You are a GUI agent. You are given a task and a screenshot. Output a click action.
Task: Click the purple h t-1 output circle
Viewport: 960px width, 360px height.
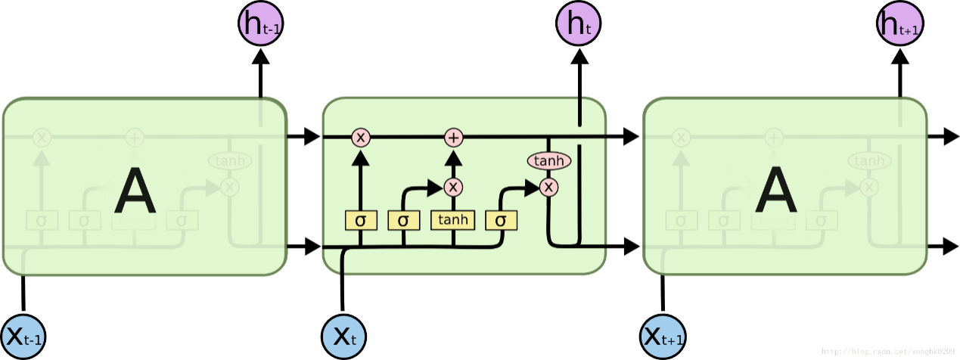point(261,24)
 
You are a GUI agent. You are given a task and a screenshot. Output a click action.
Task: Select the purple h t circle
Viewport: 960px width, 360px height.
point(579,24)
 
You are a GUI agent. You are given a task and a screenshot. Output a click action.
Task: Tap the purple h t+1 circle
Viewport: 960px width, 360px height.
point(899,24)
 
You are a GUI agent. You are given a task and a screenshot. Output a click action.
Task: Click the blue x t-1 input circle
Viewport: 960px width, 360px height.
point(23,336)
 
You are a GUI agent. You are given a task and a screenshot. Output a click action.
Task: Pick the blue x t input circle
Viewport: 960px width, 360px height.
point(344,336)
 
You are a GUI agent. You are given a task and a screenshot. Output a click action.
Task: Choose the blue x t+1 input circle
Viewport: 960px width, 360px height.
point(663,336)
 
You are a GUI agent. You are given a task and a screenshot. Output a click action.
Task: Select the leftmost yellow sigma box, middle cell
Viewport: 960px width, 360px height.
point(360,220)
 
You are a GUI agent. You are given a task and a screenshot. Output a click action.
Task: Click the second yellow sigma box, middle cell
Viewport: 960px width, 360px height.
point(403,220)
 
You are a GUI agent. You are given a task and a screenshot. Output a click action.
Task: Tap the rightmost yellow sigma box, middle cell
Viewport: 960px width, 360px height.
point(501,220)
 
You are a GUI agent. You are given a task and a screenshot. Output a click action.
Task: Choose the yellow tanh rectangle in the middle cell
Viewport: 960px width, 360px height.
point(452,220)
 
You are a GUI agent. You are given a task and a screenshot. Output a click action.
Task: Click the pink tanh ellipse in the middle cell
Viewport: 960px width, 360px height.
point(548,160)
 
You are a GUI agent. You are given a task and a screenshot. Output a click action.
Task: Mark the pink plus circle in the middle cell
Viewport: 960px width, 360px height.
point(453,138)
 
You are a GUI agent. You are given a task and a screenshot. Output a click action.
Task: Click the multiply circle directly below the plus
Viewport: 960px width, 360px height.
point(453,186)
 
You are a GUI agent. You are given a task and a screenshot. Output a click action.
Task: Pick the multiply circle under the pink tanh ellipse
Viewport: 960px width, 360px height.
point(549,186)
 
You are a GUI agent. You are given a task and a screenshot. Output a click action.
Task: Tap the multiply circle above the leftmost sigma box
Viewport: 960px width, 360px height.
point(360,138)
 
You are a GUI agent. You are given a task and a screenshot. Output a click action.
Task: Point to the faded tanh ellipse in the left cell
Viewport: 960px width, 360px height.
point(229,160)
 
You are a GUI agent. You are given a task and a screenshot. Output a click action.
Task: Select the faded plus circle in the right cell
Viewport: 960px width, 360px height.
point(773,138)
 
